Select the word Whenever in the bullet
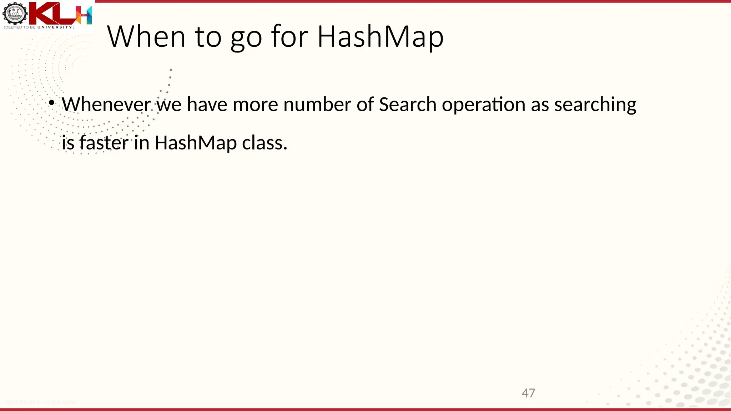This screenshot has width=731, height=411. (x=106, y=105)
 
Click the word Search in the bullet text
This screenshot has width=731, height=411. (x=407, y=105)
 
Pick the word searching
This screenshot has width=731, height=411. (x=595, y=105)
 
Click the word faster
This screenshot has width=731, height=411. (x=104, y=143)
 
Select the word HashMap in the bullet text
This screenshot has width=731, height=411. (x=196, y=143)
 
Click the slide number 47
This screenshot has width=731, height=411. (x=528, y=393)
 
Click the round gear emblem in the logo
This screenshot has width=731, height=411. (x=15, y=14)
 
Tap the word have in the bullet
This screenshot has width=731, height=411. (x=207, y=105)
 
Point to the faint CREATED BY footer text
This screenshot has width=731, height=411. (x=41, y=402)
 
